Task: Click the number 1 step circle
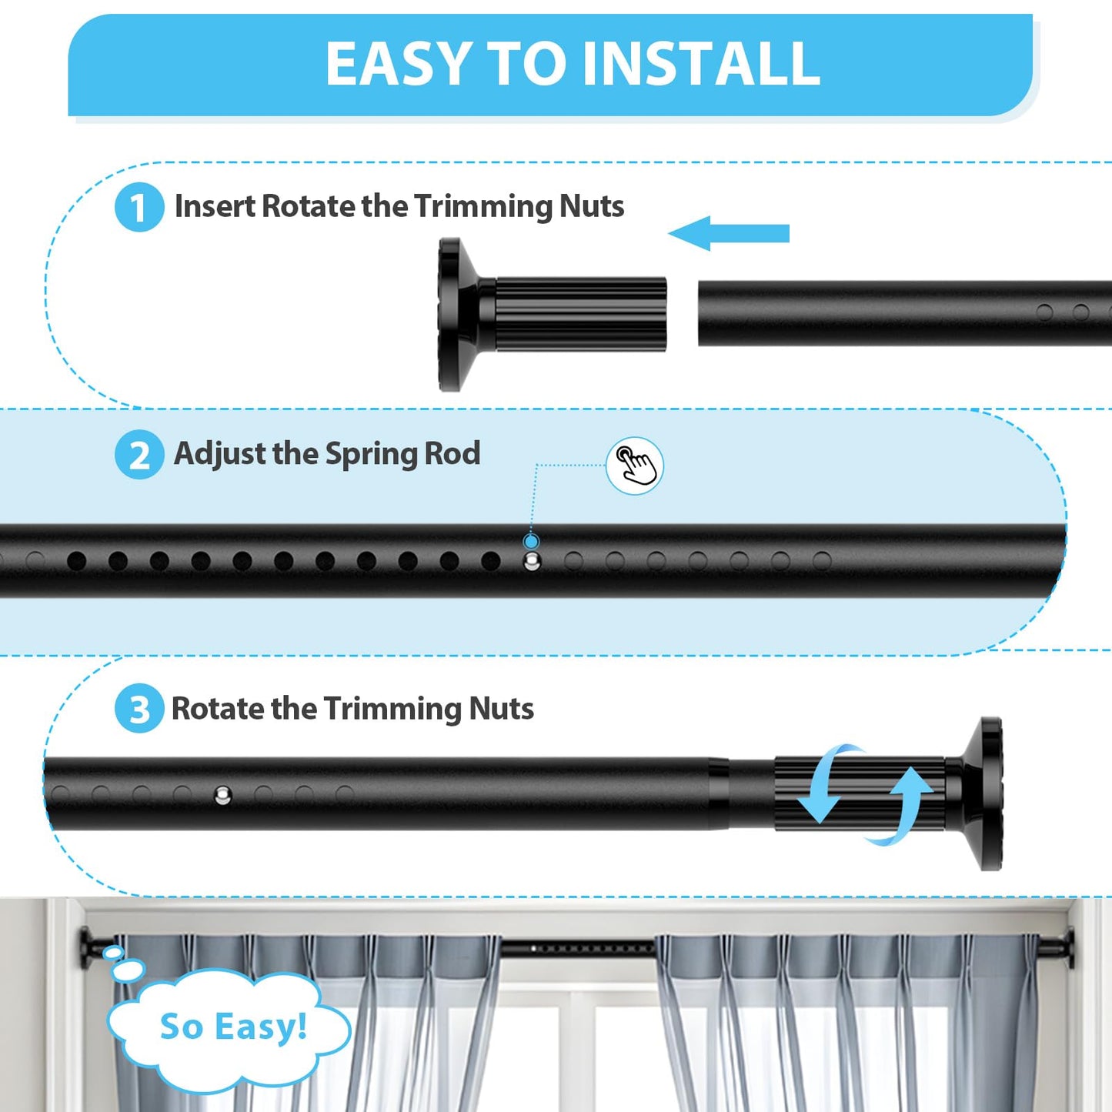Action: point(139,207)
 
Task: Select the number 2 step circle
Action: point(139,455)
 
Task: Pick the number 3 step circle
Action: point(139,709)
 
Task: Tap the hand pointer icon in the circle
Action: point(635,466)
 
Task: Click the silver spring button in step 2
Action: point(532,561)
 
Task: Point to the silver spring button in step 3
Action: point(222,795)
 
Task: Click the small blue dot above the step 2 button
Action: point(531,541)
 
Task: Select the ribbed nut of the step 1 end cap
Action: point(580,315)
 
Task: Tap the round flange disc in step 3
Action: point(990,794)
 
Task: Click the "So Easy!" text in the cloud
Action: point(233,1027)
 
